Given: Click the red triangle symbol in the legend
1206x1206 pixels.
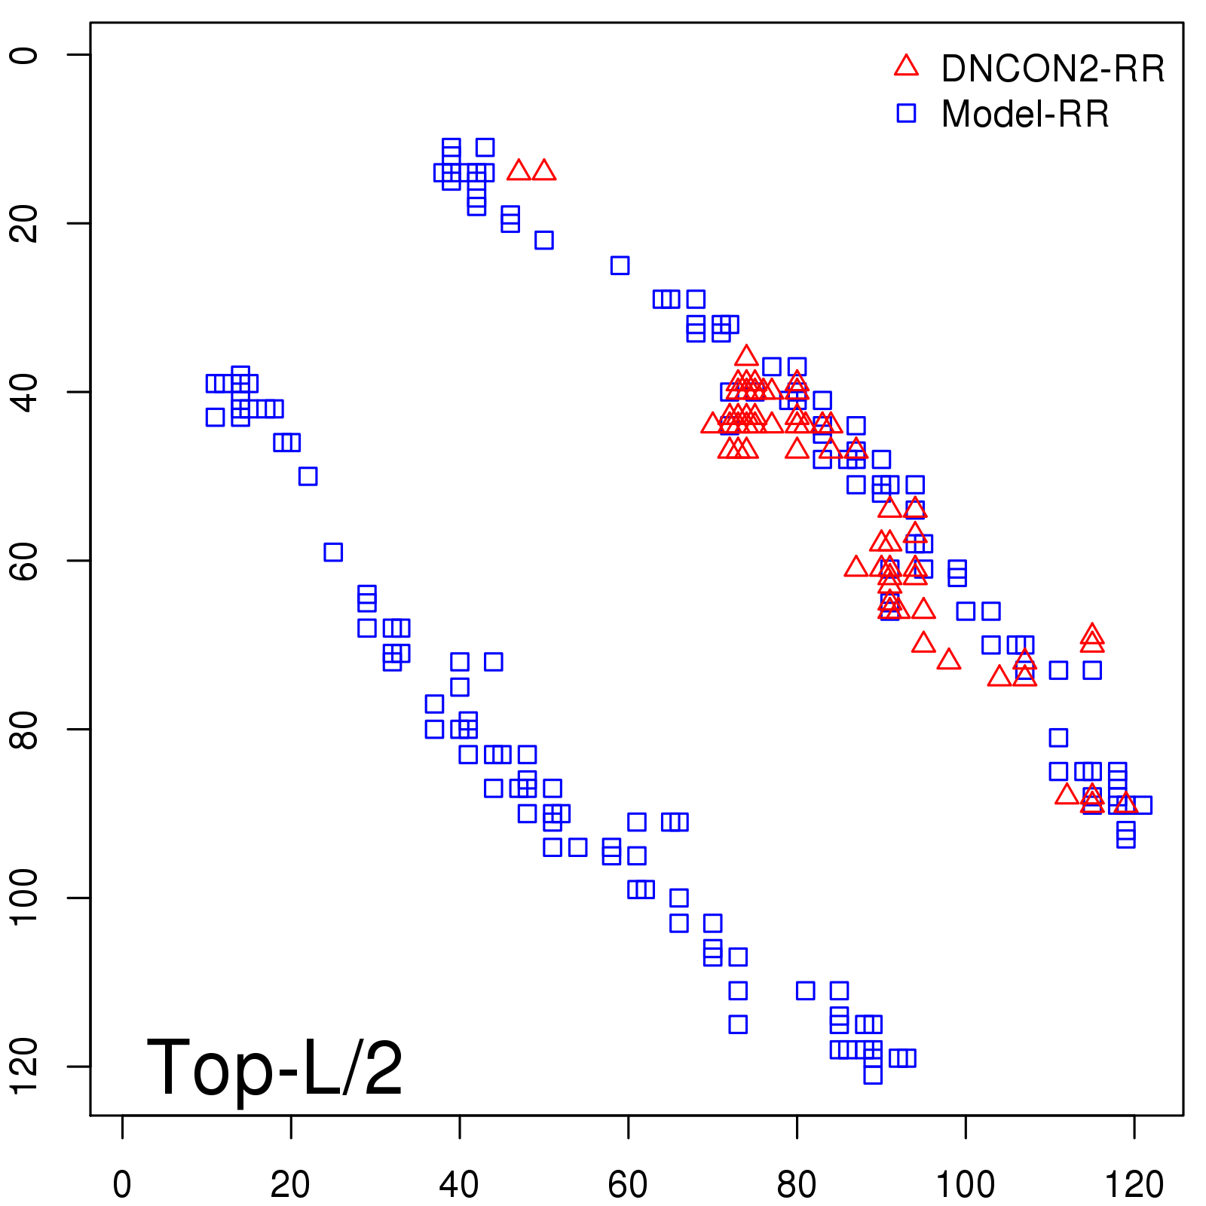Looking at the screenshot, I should [x=906, y=66].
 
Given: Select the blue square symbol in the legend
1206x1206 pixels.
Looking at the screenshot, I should [x=906, y=113].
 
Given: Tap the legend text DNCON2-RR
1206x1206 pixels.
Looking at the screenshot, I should [x=1052, y=69].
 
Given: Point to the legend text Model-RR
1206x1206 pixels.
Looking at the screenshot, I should [x=1025, y=115].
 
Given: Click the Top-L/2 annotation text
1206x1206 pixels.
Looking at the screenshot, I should [x=274, y=1067].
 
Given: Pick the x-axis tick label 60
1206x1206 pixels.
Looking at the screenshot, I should [x=628, y=1185].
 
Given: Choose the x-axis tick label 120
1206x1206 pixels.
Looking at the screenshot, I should [x=1134, y=1185].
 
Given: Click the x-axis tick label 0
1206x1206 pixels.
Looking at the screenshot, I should [x=122, y=1185].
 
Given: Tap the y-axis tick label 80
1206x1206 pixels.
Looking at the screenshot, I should [x=24, y=729].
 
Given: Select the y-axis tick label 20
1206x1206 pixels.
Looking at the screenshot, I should [x=24, y=223].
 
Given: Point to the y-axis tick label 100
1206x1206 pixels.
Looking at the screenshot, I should [x=24, y=897].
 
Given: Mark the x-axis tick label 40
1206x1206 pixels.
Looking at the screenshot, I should [x=459, y=1185].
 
